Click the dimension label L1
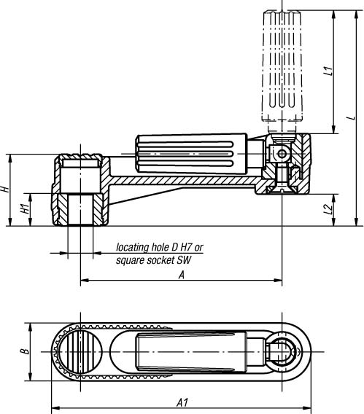coord(328,71)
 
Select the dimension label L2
coord(329,209)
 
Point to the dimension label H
coord(5,189)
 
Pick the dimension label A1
coord(182,403)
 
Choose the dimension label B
coord(26,351)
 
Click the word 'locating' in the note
coord(133,247)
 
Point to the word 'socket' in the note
coord(161,260)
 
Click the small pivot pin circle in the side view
coord(282,154)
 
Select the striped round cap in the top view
coord(80,351)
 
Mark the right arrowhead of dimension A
coord(278,280)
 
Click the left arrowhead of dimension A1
coord(55,407)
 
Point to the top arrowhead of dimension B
coord(31,327)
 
